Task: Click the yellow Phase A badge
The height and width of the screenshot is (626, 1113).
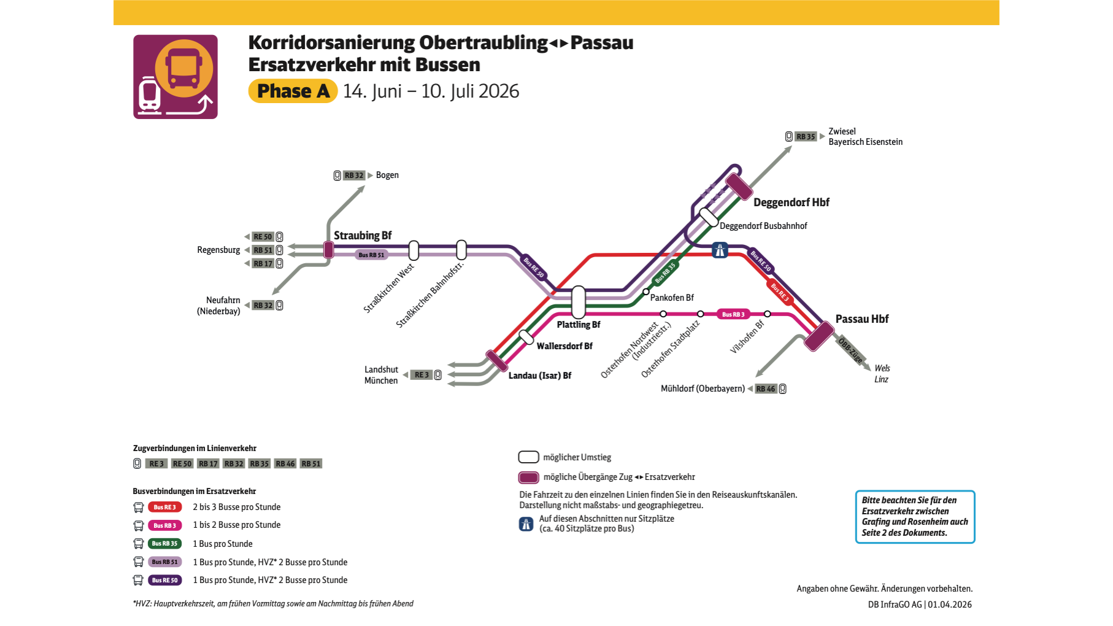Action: click(293, 91)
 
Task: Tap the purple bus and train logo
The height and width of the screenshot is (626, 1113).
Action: click(175, 77)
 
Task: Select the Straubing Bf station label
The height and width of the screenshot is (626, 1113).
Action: click(362, 236)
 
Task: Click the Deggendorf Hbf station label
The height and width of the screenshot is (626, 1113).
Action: click(791, 203)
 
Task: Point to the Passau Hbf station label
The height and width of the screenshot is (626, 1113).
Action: click(861, 319)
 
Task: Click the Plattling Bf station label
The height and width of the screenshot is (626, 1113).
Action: click(578, 325)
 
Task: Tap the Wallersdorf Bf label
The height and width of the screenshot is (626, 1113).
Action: click(564, 346)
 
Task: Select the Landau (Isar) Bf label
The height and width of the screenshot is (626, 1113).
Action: click(539, 376)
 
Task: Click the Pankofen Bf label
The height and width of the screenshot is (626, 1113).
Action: click(672, 298)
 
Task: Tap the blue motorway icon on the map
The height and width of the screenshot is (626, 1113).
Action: click(720, 250)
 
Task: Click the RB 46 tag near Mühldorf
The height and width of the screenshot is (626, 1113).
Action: click(765, 388)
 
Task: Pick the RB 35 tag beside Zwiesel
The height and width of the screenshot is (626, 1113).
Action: click(806, 137)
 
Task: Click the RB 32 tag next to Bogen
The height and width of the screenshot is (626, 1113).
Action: click(354, 176)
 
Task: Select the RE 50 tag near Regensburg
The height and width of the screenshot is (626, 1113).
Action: click(263, 237)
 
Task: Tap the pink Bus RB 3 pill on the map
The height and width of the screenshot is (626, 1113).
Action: click(733, 314)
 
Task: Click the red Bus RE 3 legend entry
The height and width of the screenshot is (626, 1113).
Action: click(164, 508)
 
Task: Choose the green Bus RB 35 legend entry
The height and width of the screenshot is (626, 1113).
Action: click(164, 544)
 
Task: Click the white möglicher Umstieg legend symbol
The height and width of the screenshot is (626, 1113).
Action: click(528, 457)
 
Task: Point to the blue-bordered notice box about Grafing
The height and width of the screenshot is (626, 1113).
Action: click(914, 517)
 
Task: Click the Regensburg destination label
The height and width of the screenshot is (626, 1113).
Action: click(218, 250)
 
